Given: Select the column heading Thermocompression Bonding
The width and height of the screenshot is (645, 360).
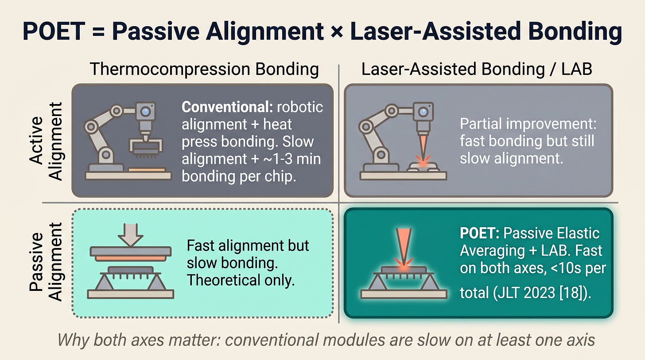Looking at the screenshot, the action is [x=204, y=70].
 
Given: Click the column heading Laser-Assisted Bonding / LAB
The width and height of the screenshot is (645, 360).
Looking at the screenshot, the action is [x=477, y=70].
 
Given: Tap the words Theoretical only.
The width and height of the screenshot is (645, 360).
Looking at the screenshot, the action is [x=241, y=280].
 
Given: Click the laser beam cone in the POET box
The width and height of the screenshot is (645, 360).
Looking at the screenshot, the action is [x=404, y=245].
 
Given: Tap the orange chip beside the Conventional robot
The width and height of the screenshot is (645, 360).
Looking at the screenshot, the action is [x=147, y=170].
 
